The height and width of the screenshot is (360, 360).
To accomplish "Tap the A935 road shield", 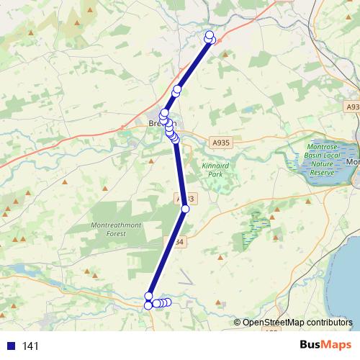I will pyautogui.click(x=220, y=143).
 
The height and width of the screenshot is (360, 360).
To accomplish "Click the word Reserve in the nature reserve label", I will pyautogui.click(x=323, y=173).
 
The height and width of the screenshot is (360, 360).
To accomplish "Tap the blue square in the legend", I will pyautogui.click(x=11, y=346).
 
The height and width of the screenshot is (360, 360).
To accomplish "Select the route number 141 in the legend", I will pyautogui.click(x=31, y=346).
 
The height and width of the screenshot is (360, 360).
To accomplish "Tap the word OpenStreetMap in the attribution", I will pyautogui.click(x=272, y=323).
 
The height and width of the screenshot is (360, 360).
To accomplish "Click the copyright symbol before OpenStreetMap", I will pyautogui.click(x=238, y=323).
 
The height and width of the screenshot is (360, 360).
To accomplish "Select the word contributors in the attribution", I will pyautogui.click(x=328, y=323).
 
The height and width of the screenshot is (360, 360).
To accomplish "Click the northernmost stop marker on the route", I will pyautogui.click(x=210, y=35).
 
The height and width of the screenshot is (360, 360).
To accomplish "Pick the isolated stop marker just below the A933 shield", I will pyautogui.click(x=185, y=209).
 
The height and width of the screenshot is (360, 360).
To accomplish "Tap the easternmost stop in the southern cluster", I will pyautogui.click(x=168, y=302).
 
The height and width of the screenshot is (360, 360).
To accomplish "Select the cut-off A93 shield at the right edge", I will pyautogui.click(x=352, y=107).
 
